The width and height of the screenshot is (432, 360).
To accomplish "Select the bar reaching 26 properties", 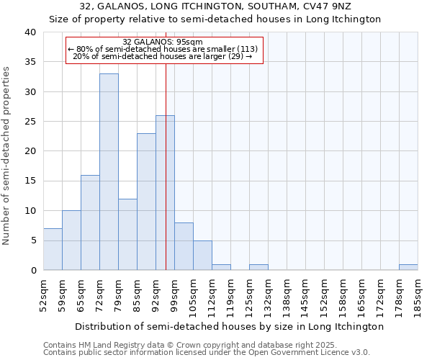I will tap(165, 192).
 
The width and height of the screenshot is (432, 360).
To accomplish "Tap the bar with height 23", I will tap(146, 202).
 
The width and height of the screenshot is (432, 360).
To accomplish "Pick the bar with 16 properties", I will tap(90, 222).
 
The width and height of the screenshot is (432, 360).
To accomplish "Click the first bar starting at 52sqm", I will tap(53, 249).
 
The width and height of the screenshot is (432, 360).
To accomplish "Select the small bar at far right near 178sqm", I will tap(408, 267).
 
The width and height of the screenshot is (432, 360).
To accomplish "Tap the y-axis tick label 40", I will tap(30, 32).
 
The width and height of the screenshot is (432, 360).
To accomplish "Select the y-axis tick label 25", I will tap(30, 122).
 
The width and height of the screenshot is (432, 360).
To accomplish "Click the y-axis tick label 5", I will tap(32, 240).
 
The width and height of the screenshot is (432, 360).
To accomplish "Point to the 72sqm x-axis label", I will tap(100, 295).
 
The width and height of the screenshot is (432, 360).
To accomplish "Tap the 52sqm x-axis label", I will tap(44, 295).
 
